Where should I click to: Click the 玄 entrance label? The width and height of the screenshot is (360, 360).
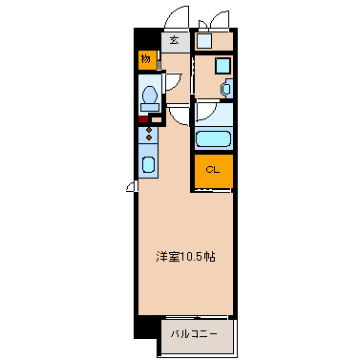175,40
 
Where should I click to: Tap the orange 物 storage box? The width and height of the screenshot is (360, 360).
145,59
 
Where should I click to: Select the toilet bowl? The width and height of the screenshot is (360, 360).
149,96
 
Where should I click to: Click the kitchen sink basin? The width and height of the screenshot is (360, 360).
149,164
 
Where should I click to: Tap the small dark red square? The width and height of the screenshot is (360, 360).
141,119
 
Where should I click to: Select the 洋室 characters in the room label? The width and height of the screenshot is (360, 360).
169,257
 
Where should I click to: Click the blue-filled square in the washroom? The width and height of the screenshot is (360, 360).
221,66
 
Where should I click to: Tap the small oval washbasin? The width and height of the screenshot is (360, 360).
226,88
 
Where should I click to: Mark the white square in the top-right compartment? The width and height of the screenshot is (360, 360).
203,39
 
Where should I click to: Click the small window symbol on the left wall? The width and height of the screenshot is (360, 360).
130,187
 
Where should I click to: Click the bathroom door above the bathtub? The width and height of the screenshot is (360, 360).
207,113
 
